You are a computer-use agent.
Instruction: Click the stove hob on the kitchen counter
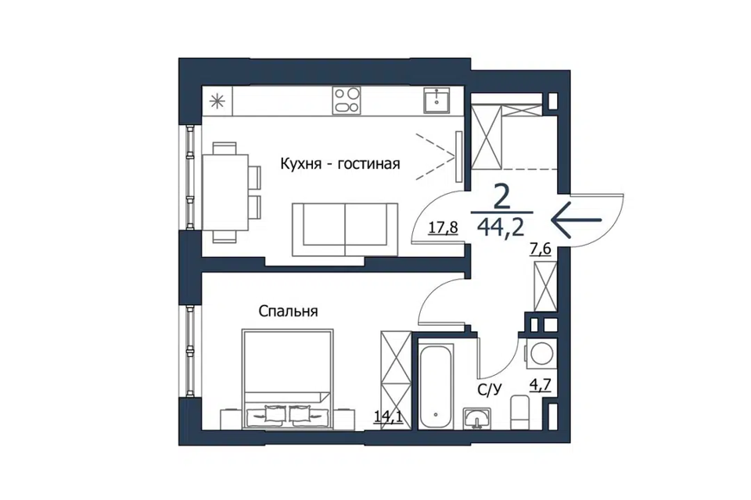click(347, 101)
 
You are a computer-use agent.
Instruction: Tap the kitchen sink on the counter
click(437, 100)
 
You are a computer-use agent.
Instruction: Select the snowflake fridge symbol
click(217, 101)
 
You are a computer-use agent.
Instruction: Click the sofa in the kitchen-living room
click(345, 230)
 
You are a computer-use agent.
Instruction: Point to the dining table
click(225, 192)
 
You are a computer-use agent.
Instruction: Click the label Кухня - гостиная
click(340, 164)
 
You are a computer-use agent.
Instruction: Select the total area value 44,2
click(501, 227)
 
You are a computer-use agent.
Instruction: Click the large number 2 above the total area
click(501, 198)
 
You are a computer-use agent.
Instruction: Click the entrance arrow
click(577, 220)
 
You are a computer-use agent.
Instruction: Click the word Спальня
click(289, 312)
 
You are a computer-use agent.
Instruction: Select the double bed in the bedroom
click(288, 378)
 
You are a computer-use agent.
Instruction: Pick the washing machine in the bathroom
click(541, 355)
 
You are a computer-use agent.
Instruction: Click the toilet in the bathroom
click(519, 412)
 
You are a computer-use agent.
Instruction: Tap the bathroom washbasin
click(476, 418)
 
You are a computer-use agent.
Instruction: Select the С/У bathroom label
click(489, 391)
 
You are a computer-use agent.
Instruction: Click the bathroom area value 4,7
click(540, 384)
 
